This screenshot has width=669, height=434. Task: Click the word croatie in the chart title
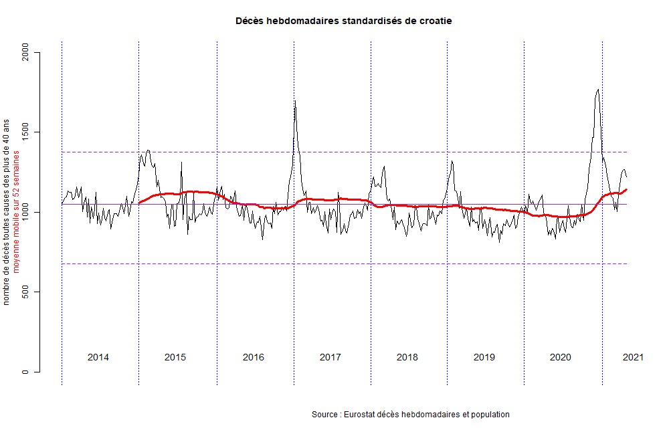pos(436,21)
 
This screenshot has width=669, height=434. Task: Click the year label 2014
pos(98,357)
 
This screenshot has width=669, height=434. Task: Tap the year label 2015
pos(175,357)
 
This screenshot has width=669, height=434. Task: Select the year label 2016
pos(253,357)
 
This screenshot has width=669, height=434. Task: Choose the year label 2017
pos(330,357)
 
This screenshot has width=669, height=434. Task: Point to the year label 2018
pos(407,357)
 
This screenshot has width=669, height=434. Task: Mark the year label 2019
pos(484,357)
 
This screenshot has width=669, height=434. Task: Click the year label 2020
pos(561,357)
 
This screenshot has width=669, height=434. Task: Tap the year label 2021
pos(632,357)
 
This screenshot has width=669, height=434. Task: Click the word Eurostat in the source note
pos(358,415)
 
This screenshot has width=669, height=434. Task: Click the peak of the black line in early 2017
pos(295,101)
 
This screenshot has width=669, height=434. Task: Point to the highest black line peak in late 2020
pos(597,90)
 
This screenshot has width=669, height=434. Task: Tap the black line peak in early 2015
pos(148,150)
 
